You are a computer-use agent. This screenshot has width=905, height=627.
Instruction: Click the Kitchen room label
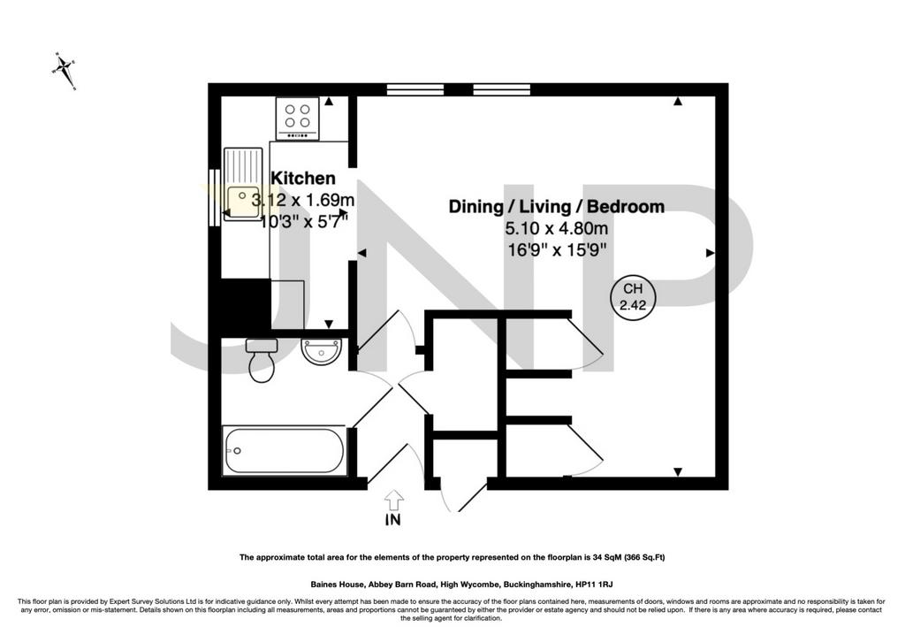(x=302, y=178)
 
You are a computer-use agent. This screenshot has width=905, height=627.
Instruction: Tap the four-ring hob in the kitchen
(x=297, y=119)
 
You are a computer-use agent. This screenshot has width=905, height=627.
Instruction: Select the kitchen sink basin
(x=243, y=202)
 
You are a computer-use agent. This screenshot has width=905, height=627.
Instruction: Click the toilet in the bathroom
(x=262, y=360)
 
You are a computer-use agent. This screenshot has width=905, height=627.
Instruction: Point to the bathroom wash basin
(x=322, y=352)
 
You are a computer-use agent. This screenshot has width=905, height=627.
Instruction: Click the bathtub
(x=285, y=450)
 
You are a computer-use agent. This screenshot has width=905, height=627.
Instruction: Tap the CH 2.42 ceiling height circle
(x=633, y=297)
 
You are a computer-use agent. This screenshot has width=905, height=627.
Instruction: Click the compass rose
(x=64, y=71)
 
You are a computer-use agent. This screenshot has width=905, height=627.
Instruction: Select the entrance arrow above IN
(x=393, y=500)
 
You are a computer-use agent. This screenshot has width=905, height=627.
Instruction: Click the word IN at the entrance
(x=393, y=520)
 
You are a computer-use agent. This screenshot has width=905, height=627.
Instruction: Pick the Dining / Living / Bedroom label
(x=557, y=207)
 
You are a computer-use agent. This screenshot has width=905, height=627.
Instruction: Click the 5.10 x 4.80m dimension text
(x=557, y=228)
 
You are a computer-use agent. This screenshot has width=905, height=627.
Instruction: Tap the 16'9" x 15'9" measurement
(x=557, y=250)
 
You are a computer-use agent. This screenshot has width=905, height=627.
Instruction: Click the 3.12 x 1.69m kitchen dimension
(x=303, y=201)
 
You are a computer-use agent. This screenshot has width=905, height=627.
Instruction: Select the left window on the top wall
(x=415, y=89)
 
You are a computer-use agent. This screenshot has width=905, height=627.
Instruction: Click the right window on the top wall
(x=502, y=89)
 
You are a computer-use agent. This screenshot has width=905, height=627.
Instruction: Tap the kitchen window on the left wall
(x=215, y=197)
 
